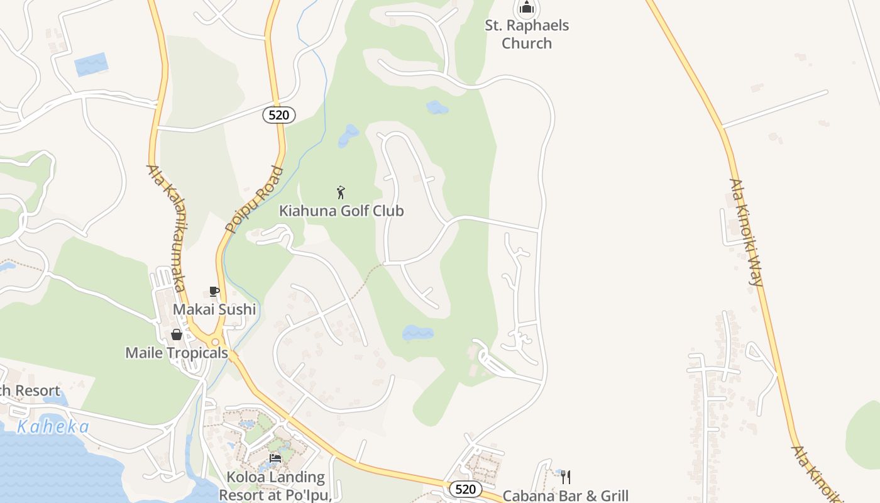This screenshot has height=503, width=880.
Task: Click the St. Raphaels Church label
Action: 527,35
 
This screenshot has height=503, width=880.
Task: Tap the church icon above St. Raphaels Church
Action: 527,9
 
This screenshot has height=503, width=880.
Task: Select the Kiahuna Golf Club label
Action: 341,211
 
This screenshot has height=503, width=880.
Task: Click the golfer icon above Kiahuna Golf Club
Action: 341,192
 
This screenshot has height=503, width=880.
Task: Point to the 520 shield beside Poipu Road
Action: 278,114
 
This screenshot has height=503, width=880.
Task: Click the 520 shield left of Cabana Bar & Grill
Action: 466,489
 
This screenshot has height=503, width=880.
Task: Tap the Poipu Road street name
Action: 255,200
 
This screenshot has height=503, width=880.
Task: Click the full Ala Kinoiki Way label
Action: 746,233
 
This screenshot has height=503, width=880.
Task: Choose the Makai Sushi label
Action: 214,309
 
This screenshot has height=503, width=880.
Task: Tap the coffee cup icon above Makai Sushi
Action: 214,291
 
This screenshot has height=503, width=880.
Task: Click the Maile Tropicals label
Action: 177,353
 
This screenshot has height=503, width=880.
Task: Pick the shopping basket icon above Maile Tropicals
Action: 177,334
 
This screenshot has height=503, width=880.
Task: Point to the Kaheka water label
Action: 53,427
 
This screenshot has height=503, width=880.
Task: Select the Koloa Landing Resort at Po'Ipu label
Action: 275,486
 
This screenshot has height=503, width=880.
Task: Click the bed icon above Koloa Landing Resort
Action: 275,458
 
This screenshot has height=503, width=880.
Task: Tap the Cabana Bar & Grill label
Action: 566,496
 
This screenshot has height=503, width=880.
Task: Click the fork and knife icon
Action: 566,477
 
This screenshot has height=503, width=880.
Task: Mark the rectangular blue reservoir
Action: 91,65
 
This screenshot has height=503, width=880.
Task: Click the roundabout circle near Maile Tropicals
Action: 215,342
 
